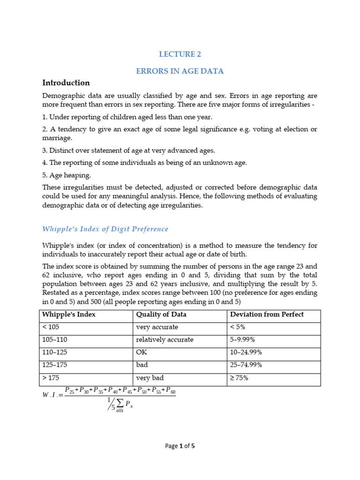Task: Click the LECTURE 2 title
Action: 180,54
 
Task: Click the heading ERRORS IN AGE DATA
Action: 180,71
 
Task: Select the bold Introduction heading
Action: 66,83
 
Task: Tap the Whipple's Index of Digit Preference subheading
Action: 105,229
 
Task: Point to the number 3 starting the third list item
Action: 44,150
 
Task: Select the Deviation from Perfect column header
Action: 267,315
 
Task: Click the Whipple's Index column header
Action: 69,315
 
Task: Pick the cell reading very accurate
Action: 157,327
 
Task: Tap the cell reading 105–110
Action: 56,340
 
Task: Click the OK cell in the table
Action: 141,352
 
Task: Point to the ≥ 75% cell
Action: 239,378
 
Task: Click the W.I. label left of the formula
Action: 51,395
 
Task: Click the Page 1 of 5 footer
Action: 180,446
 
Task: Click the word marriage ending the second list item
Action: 57,138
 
